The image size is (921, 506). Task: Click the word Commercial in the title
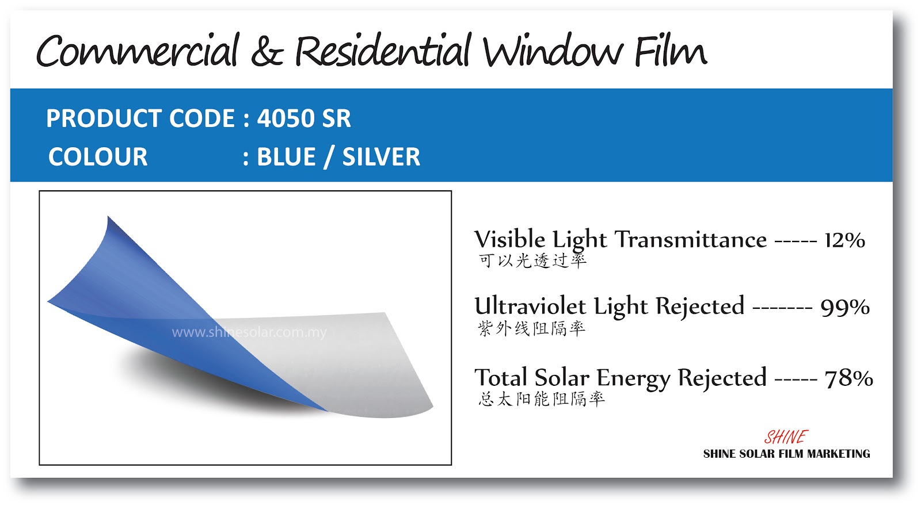coord(138,51)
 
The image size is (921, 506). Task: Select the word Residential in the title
coord(383,51)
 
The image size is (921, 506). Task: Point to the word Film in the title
coord(671,51)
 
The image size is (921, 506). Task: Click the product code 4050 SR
coord(304,119)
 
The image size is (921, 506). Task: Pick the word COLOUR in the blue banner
coord(98,157)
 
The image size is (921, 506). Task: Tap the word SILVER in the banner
coord(381,157)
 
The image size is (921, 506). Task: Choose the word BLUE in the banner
coord(286,157)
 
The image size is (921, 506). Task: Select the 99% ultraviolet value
coord(845,307)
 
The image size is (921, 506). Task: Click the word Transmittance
coord(691,240)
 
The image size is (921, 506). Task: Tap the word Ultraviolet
coord(530,306)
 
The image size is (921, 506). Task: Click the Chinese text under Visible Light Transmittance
coord(532,260)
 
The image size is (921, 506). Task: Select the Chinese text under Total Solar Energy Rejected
coord(541,398)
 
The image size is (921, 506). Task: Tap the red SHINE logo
coord(786,438)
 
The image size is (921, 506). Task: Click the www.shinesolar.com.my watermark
coord(249,332)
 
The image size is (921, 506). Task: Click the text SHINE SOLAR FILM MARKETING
coord(786,454)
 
